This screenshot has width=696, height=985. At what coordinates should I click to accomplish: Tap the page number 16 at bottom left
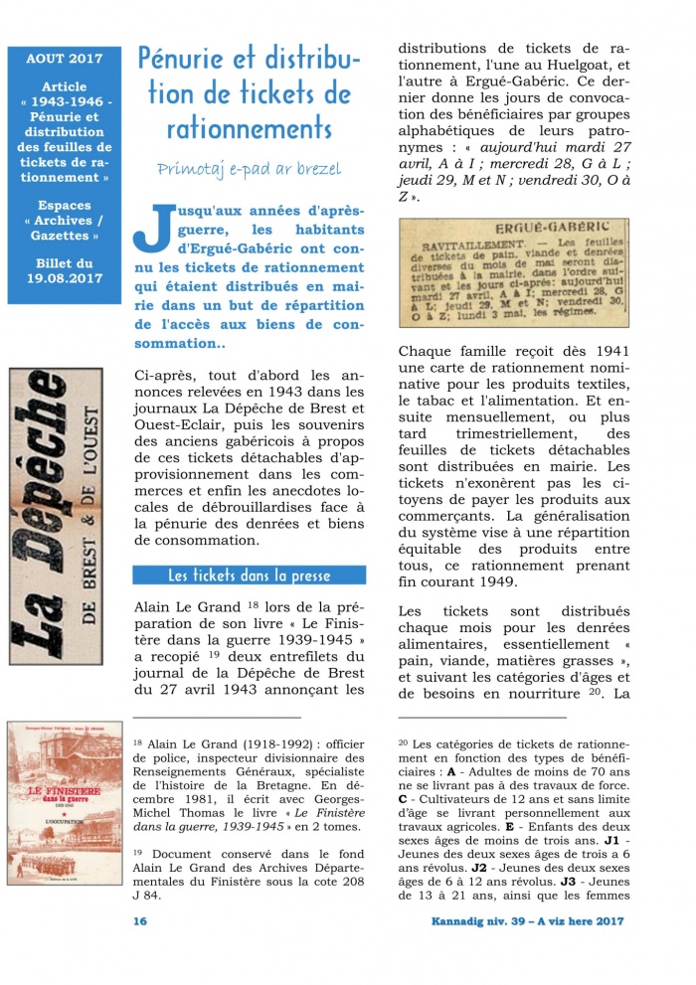[x=140, y=921]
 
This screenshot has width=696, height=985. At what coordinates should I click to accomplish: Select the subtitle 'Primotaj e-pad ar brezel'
[x=249, y=169]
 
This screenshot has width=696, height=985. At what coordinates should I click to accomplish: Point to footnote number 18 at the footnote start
[x=138, y=740]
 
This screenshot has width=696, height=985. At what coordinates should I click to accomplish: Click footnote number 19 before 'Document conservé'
[x=138, y=850]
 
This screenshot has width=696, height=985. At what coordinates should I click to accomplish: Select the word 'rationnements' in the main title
[x=249, y=129]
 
